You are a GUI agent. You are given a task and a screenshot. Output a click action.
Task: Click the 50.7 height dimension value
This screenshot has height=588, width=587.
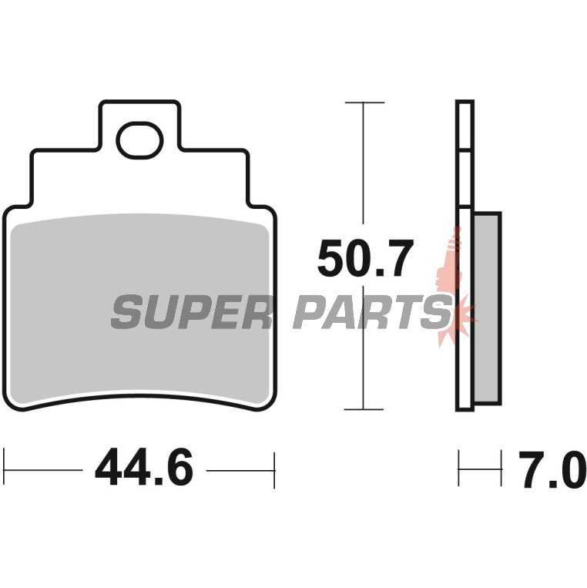(x=365, y=257)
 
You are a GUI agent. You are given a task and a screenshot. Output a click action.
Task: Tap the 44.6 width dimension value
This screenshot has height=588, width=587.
(x=144, y=467)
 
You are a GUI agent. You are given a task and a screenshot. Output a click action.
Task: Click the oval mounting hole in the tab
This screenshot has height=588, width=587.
(x=139, y=140)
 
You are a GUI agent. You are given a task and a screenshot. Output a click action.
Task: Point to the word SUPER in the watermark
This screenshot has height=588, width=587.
(x=190, y=311)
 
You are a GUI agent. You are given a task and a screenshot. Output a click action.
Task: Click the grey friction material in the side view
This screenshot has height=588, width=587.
(x=487, y=308)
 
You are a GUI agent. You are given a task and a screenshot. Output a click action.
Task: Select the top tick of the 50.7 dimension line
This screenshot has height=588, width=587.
(x=364, y=102)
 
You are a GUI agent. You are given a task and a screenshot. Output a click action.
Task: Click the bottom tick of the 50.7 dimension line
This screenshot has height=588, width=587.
(x=364, y=409)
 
